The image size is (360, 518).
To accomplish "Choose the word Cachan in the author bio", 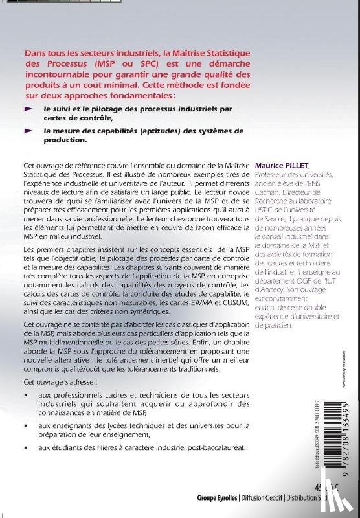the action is [x=286, y=194].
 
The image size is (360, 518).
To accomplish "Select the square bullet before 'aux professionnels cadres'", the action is [x=26, y=394].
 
